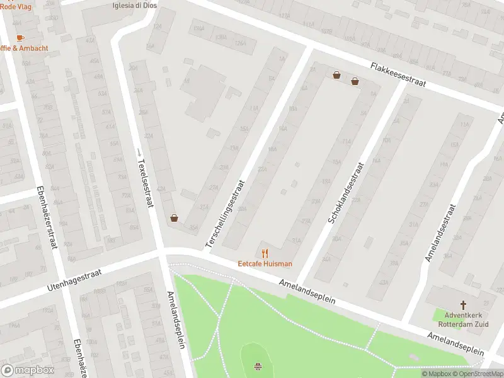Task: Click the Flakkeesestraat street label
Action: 398,74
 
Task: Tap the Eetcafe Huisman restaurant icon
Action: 265,253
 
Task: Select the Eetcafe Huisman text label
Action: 265,264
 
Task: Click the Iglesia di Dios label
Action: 134,5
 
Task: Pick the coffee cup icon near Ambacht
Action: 20,37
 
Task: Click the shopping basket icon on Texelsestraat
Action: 174,219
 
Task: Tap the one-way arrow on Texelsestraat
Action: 139,152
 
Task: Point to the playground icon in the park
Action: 258,366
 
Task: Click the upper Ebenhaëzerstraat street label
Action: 47,217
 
